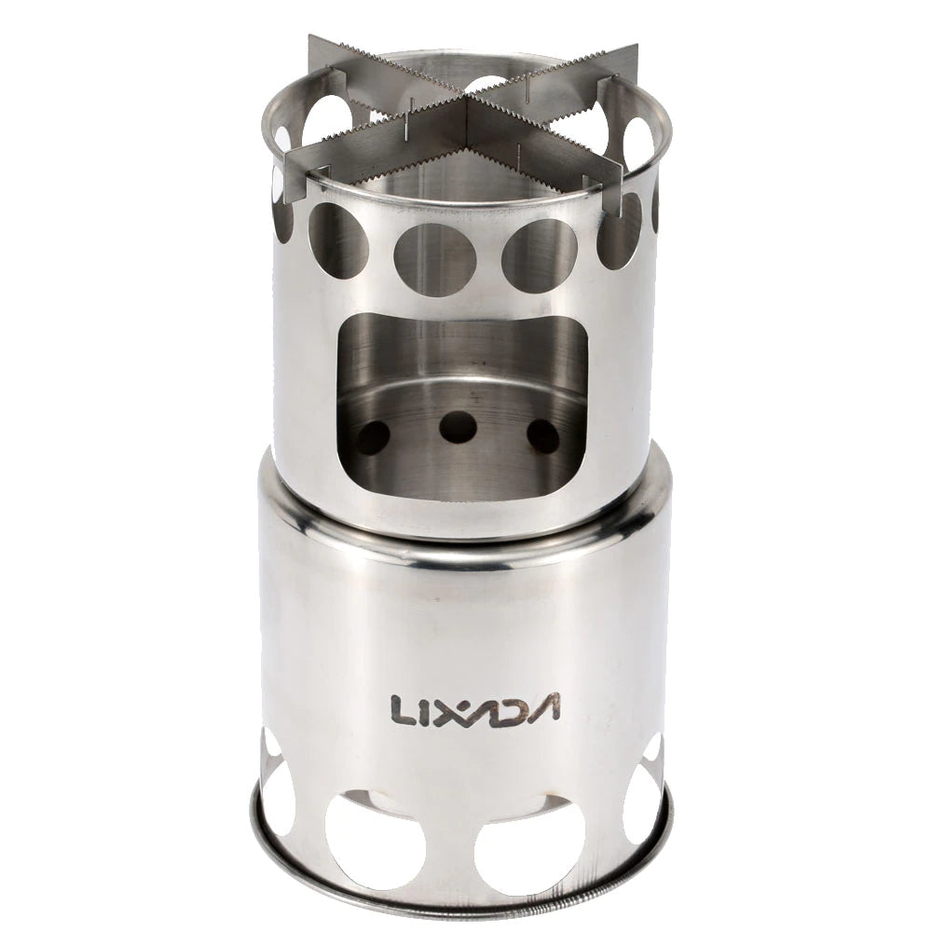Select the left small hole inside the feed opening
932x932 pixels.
pos(373,436)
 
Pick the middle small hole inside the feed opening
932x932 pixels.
pos(458,427)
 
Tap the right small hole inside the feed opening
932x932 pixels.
pos(543,436)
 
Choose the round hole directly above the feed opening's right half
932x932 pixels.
pos(539,254)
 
